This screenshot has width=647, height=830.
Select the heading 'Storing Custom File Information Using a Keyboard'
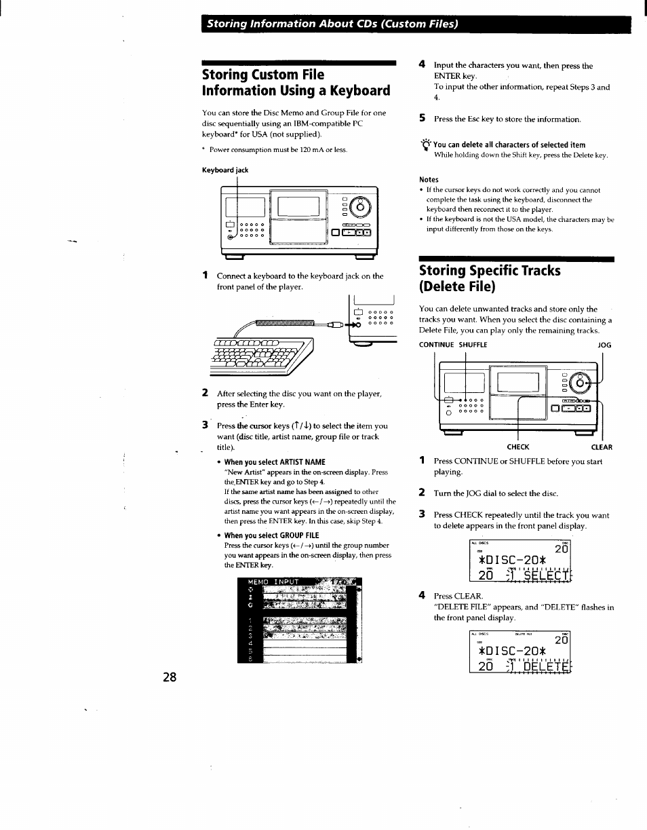click(296, 82)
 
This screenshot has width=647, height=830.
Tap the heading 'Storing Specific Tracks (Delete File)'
click(490, 278)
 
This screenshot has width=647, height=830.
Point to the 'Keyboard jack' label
click(225, 170)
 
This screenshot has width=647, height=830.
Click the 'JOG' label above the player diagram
click(604, 345)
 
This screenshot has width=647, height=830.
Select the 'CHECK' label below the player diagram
click(518, 447)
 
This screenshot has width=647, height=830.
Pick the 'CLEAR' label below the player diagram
click(602, 447)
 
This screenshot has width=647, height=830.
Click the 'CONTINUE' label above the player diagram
click(437, 345)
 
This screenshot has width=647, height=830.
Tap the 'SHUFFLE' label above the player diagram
click(473, 345)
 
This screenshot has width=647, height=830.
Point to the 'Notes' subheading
click(429, 180)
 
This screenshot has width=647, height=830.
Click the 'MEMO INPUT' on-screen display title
click(273, 582)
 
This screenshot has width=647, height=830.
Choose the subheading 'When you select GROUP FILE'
click(271, 535)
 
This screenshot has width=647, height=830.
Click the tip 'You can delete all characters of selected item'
click(509, 145)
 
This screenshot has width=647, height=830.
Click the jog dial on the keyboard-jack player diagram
click(361, 206)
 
